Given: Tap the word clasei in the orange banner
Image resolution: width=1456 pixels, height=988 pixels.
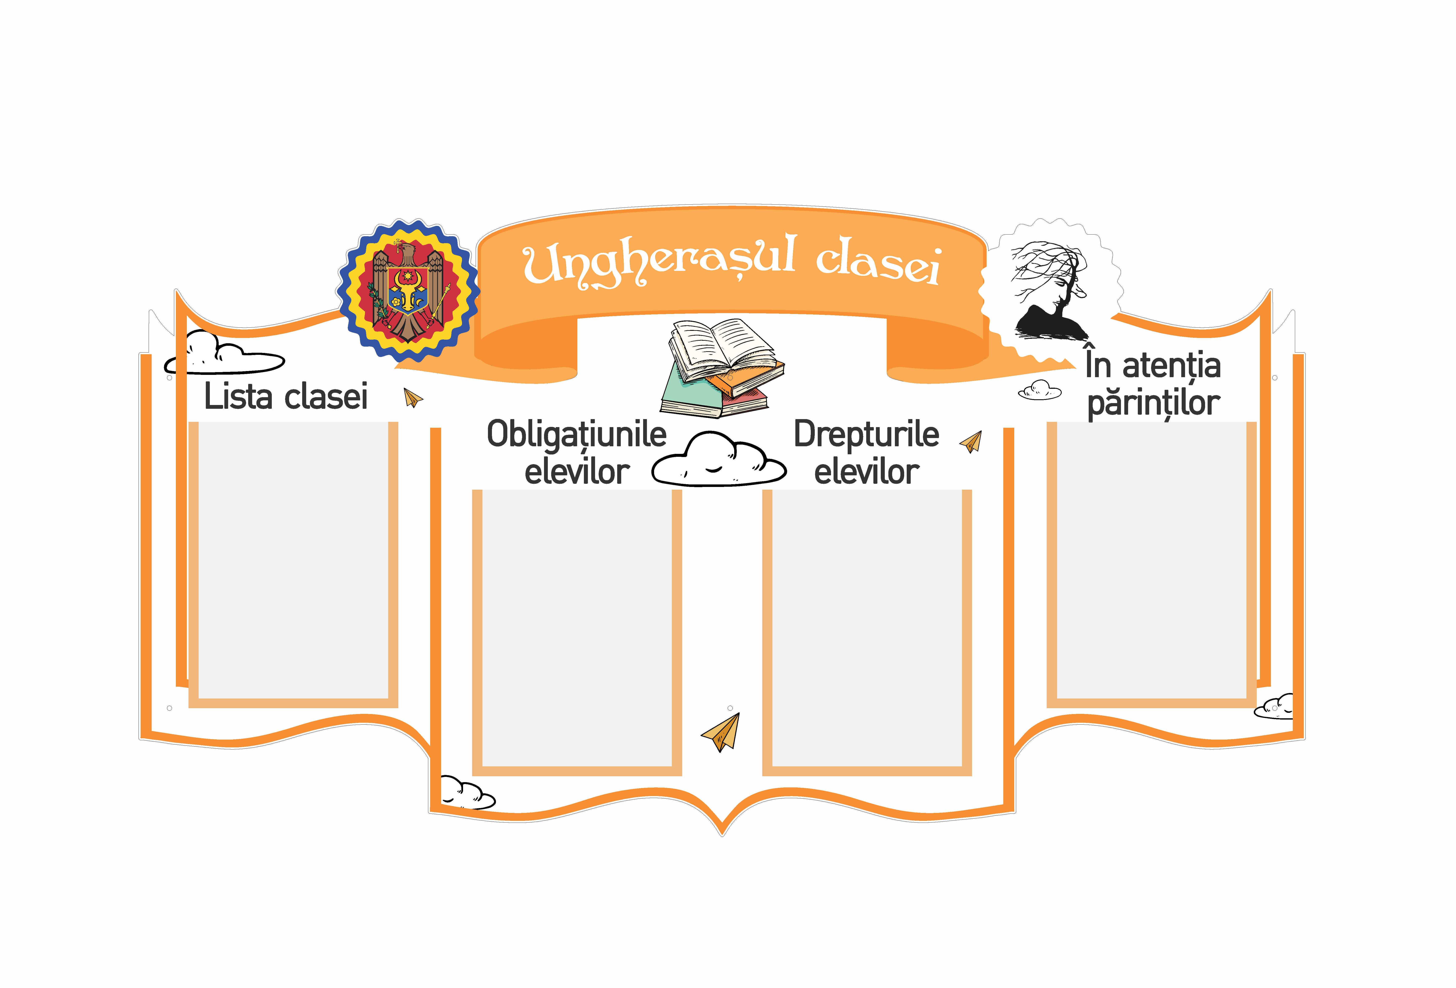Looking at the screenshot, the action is pyautogui.click(x=878, y=264).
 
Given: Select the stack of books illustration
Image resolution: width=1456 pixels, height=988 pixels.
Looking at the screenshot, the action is pyautogui.click(x=722, y=368).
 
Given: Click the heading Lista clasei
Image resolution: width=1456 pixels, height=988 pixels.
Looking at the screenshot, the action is pyautogui.click(x=286, y=396).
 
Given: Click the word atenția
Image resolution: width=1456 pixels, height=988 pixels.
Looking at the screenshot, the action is pyautogui.click(x=1172, y=366).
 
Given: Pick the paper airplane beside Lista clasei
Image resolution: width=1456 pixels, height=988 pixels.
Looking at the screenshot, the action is pyautogui.click(x=413, y=398).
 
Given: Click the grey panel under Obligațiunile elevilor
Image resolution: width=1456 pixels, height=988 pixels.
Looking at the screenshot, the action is pyautogui.click(x=576, y=628).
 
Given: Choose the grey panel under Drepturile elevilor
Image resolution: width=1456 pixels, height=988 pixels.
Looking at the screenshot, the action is pyautogui.click(x=867, y=628).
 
